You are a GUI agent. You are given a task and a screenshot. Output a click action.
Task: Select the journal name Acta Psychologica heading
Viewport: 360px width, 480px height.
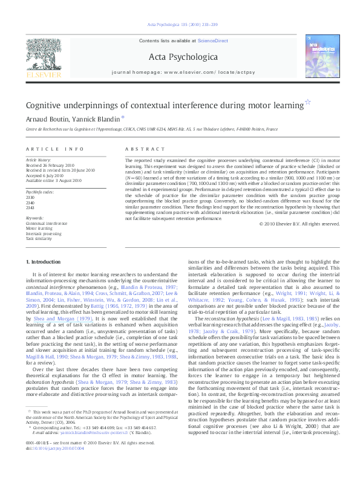[180, 56]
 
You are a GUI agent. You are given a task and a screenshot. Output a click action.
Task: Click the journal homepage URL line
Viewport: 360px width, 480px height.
[180, 72]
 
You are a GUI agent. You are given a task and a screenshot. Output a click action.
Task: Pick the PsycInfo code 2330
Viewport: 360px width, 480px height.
[30, 197]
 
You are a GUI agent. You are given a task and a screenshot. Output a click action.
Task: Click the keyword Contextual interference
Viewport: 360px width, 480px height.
[47, 223]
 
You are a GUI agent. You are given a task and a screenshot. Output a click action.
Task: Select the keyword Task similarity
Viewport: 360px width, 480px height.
[38, 238]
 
